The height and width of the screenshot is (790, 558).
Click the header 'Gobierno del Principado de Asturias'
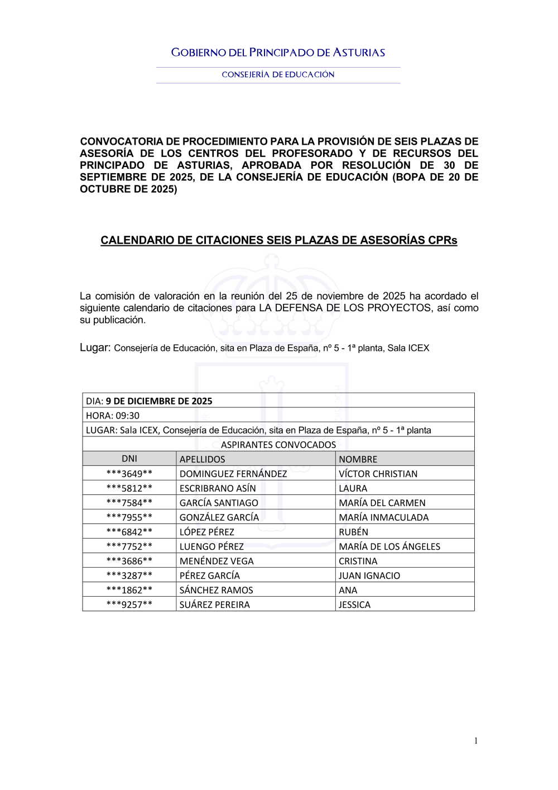coord(278,53)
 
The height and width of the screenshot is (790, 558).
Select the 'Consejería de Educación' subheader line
coord(278,74)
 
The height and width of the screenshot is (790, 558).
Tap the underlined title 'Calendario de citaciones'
coord(278,240)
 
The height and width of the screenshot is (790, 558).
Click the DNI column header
coord(129,459)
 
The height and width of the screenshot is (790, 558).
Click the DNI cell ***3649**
coord(129,474)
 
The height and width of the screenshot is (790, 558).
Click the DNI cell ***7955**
coord(129,517)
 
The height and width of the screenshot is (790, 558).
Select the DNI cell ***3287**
coord(129,575)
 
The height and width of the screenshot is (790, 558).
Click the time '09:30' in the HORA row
coord(128,416)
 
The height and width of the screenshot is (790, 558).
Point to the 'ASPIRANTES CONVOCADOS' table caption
coord(278,445)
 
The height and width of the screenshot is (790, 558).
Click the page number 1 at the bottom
coord(476,741)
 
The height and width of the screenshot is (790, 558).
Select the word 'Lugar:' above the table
coord(95,348)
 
